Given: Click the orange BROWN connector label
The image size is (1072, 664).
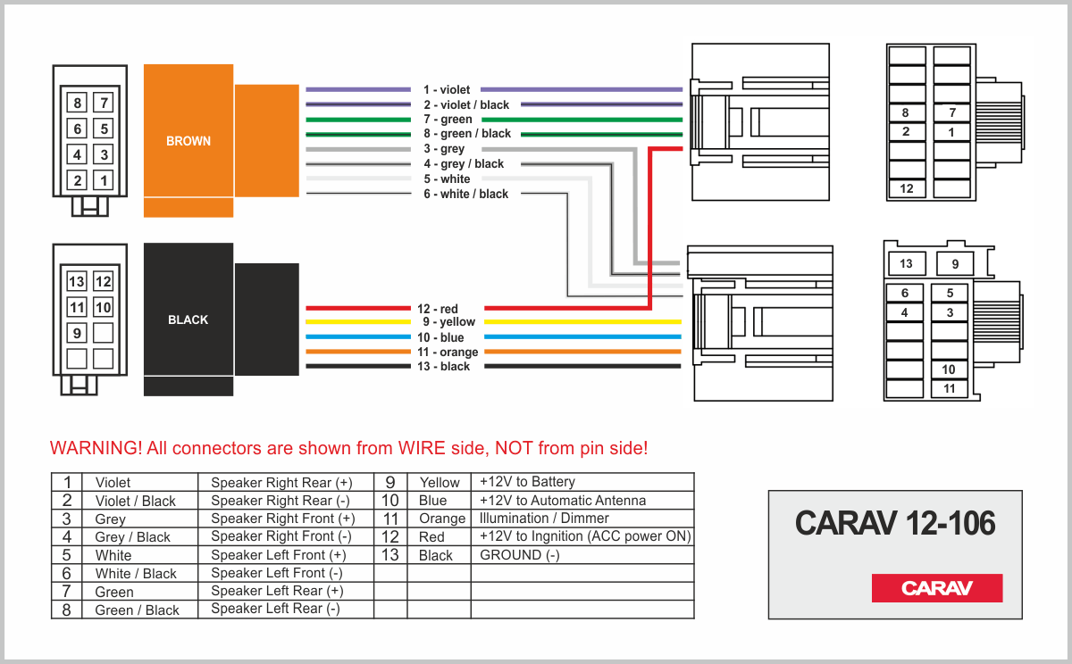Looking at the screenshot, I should pyautogui.click(x=188, y=141).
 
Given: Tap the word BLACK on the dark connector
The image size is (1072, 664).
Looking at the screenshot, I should pyautogui.click(x=188, y=320).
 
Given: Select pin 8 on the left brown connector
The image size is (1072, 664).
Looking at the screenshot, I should pyautogui.click(x=78, y=103).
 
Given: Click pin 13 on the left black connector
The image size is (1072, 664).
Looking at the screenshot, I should pyautogui.click(x=78, y=282).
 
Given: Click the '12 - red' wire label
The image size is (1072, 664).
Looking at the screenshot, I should pyautogui.click(x=438, y=309).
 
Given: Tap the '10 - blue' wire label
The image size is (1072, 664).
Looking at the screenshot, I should pyautogui.click(x=440, y=338).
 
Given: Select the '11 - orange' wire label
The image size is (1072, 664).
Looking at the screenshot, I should pyautogui.click(x=448, y=353).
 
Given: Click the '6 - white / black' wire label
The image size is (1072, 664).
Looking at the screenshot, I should pyautogui.click(x=465, y=194).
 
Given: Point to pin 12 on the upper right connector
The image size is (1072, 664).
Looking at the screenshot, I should pyautogui.click(x=907, y=188).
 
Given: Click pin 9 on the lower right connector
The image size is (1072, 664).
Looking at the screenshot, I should pyautogui.click(x=955, y=264).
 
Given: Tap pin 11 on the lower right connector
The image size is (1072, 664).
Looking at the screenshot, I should pyautogui.click(x=949, y=388).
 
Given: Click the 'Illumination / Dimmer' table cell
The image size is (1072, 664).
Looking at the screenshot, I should pyautogui.click(x=544, y=519).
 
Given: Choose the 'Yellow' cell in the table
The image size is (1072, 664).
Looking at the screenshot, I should pyautogui.click(x=440, y=483).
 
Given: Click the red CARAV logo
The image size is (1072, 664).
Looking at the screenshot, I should pyautogui.click(x=937, y=588).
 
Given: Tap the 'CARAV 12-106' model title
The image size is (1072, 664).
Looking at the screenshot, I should pyautogui.click(x=894, y=524).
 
